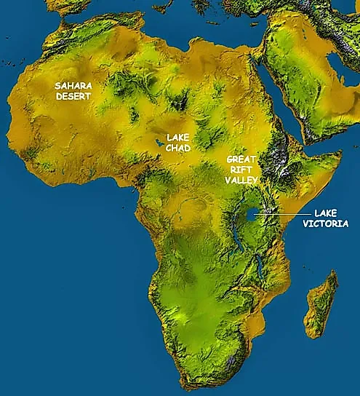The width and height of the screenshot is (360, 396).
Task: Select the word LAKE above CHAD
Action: point(178,137)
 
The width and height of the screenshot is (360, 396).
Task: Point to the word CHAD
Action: point(178,148)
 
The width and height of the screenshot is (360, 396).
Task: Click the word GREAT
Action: point(240,159)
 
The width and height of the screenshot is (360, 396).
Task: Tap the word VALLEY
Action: point(241,180)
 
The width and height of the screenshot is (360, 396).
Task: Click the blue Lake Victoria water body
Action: point(252,215)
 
